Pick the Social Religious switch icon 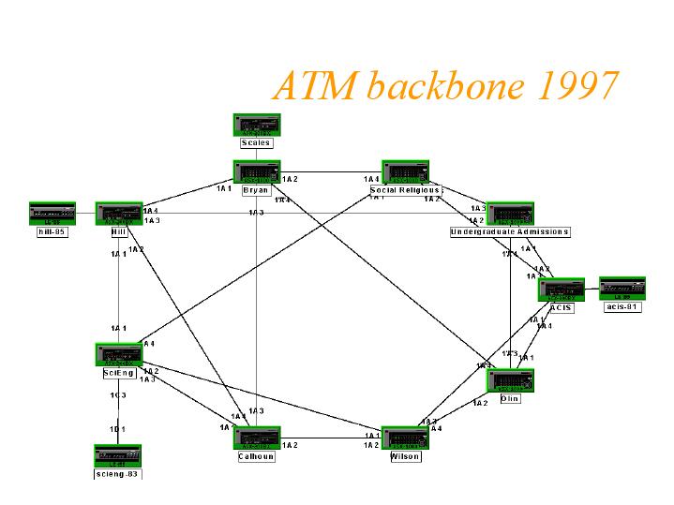405,172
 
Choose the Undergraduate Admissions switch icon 510,215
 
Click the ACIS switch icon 562,290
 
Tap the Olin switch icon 510,380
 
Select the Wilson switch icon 405,438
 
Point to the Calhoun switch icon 256,438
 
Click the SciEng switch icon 119,355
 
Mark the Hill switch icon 119,214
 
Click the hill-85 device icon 52,214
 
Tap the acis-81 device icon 622,289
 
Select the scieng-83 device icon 118,456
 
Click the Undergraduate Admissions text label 510,231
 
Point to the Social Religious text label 405,190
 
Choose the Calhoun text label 256,457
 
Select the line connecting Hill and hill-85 85,214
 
